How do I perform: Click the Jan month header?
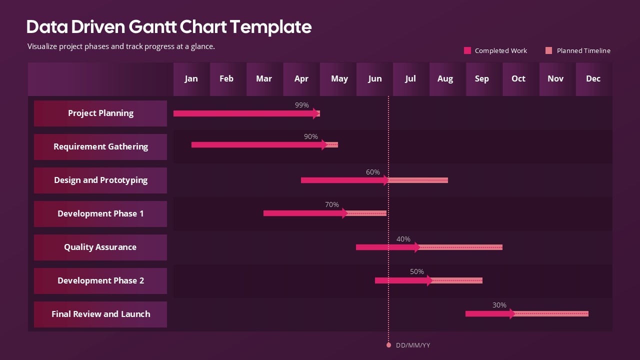tap(191, 78)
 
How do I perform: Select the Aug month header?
tap(445, 78)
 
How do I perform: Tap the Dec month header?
tap(593, 78)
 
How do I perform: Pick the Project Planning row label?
tap(100, 113)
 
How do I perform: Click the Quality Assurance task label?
tap(100, 247)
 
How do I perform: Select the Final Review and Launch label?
tap(100, 314)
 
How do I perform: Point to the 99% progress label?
tap(302, 105)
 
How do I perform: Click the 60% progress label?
tap(373, 172)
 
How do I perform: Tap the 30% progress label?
tap(499, 305)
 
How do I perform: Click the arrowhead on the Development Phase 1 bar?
tap(345, 213)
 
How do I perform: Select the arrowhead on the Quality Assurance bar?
tap(417, 247)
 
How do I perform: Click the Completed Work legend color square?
tap(467, 50)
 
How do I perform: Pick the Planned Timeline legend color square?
tap(548, 50)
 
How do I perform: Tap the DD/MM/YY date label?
tap(413, 345)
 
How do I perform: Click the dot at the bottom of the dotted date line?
tap(388, 345)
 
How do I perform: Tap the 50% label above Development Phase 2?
tap(417, 271)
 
